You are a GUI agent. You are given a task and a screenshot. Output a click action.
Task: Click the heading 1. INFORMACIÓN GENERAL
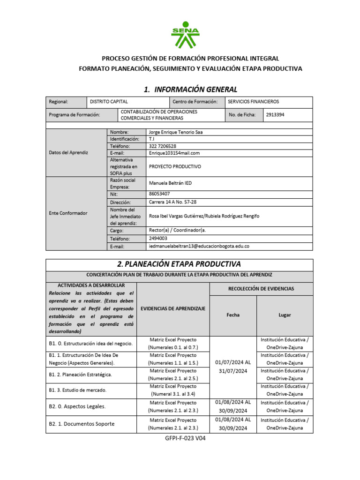[x=190, y=89]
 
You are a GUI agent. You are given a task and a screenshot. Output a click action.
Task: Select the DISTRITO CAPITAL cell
[x=109, y=102]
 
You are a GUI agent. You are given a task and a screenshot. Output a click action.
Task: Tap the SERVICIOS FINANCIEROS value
[x=253, y=102]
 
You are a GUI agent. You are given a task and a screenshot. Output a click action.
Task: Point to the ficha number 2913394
[x=275, y=115]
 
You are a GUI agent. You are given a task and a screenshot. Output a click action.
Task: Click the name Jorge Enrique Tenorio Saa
[x=175, y=132]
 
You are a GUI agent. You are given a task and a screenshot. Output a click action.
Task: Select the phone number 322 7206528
[x=162, y=146]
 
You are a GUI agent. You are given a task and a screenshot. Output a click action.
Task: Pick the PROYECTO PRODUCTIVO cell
[x=174, y=166]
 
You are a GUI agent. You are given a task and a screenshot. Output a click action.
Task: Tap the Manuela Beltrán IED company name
[x=170, y=183]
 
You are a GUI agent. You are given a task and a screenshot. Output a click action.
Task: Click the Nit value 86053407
[x=159, y=194]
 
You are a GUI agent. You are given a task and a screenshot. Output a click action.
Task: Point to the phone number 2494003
[x=158, y=238]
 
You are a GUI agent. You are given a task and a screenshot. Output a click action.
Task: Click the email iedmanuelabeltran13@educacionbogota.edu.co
[x=199, y=246]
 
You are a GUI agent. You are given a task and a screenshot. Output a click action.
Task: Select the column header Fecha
[x=233, y=315]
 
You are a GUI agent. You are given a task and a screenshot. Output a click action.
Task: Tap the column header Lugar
[x=285, y=315]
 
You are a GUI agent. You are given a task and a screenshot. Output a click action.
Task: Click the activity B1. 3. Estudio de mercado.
[x=78, y=390]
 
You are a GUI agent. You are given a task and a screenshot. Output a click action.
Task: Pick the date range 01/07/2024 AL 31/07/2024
[x=233, y=367]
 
